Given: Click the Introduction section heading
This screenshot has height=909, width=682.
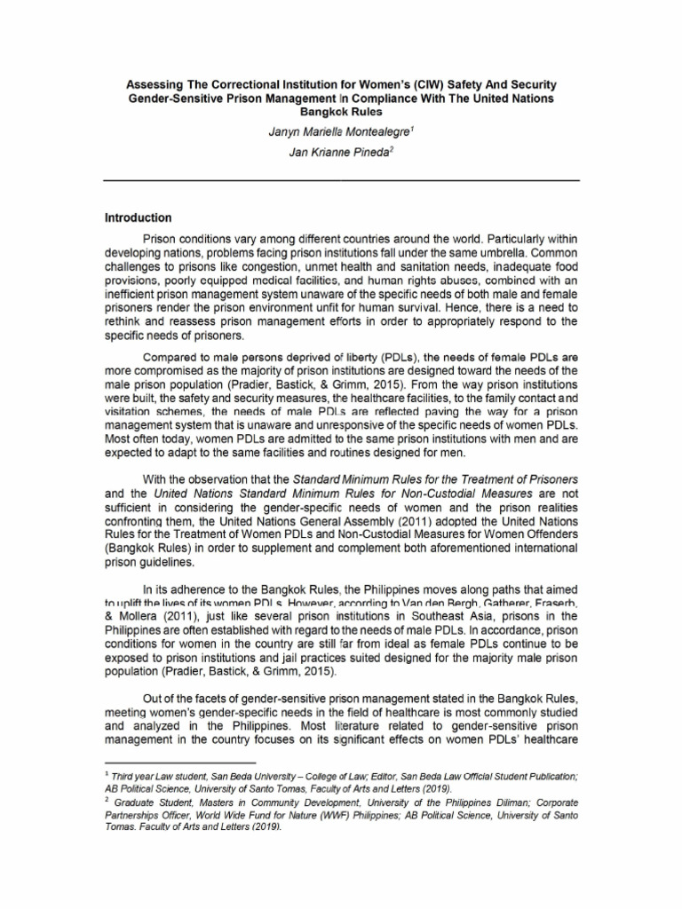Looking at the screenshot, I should point(138,218).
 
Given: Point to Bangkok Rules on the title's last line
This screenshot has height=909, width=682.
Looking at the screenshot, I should point(341,112).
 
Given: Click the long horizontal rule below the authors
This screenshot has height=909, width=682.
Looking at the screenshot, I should point(341,180).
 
